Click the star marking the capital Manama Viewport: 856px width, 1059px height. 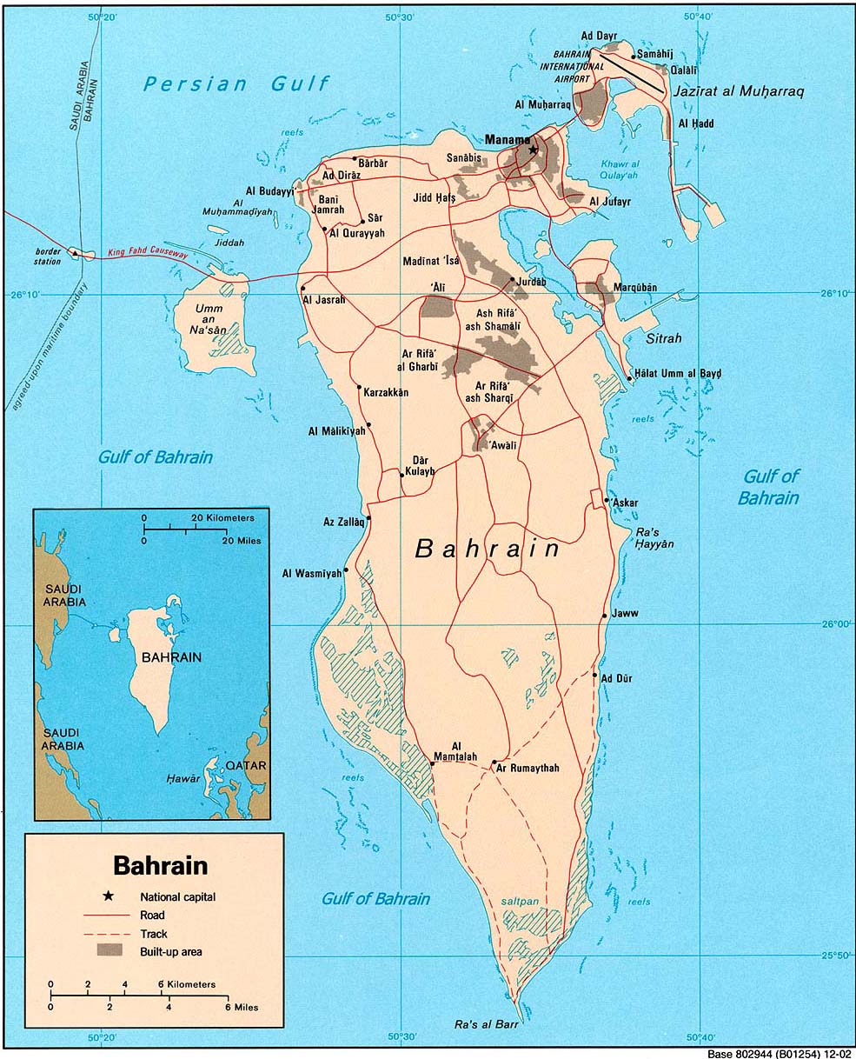pos(533,149)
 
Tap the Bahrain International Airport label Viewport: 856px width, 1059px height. pos(572,66)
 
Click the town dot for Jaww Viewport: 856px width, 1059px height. pos(604,616)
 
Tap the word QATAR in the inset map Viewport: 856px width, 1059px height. pos(245,766)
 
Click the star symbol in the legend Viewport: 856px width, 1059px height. pos(108,896)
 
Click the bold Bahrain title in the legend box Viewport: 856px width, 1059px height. pos(161,866)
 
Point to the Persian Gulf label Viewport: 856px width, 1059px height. pos(236,83)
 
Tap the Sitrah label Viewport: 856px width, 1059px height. pos(662,338)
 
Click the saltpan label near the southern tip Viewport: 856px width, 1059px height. pos(520,902)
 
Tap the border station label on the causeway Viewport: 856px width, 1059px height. pos(49,256)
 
